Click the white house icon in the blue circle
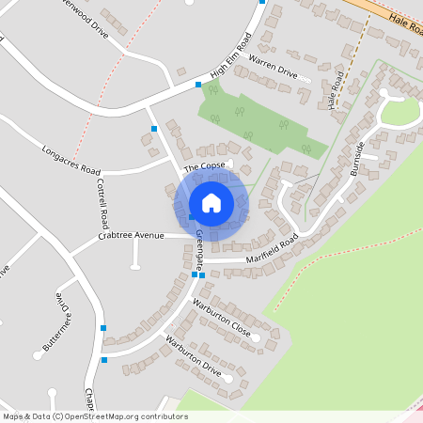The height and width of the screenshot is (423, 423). tap(211, 202)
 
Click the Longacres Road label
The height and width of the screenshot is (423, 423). tap(70, 158)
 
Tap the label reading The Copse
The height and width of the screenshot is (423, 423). tap(204, 167)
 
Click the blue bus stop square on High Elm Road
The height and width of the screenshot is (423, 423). tap(198, 85)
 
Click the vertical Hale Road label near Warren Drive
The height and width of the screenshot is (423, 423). tap(333, 92)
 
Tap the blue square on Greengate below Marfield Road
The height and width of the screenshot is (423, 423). tap(199, 275)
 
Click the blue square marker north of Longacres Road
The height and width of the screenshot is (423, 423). tap(154, 128)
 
